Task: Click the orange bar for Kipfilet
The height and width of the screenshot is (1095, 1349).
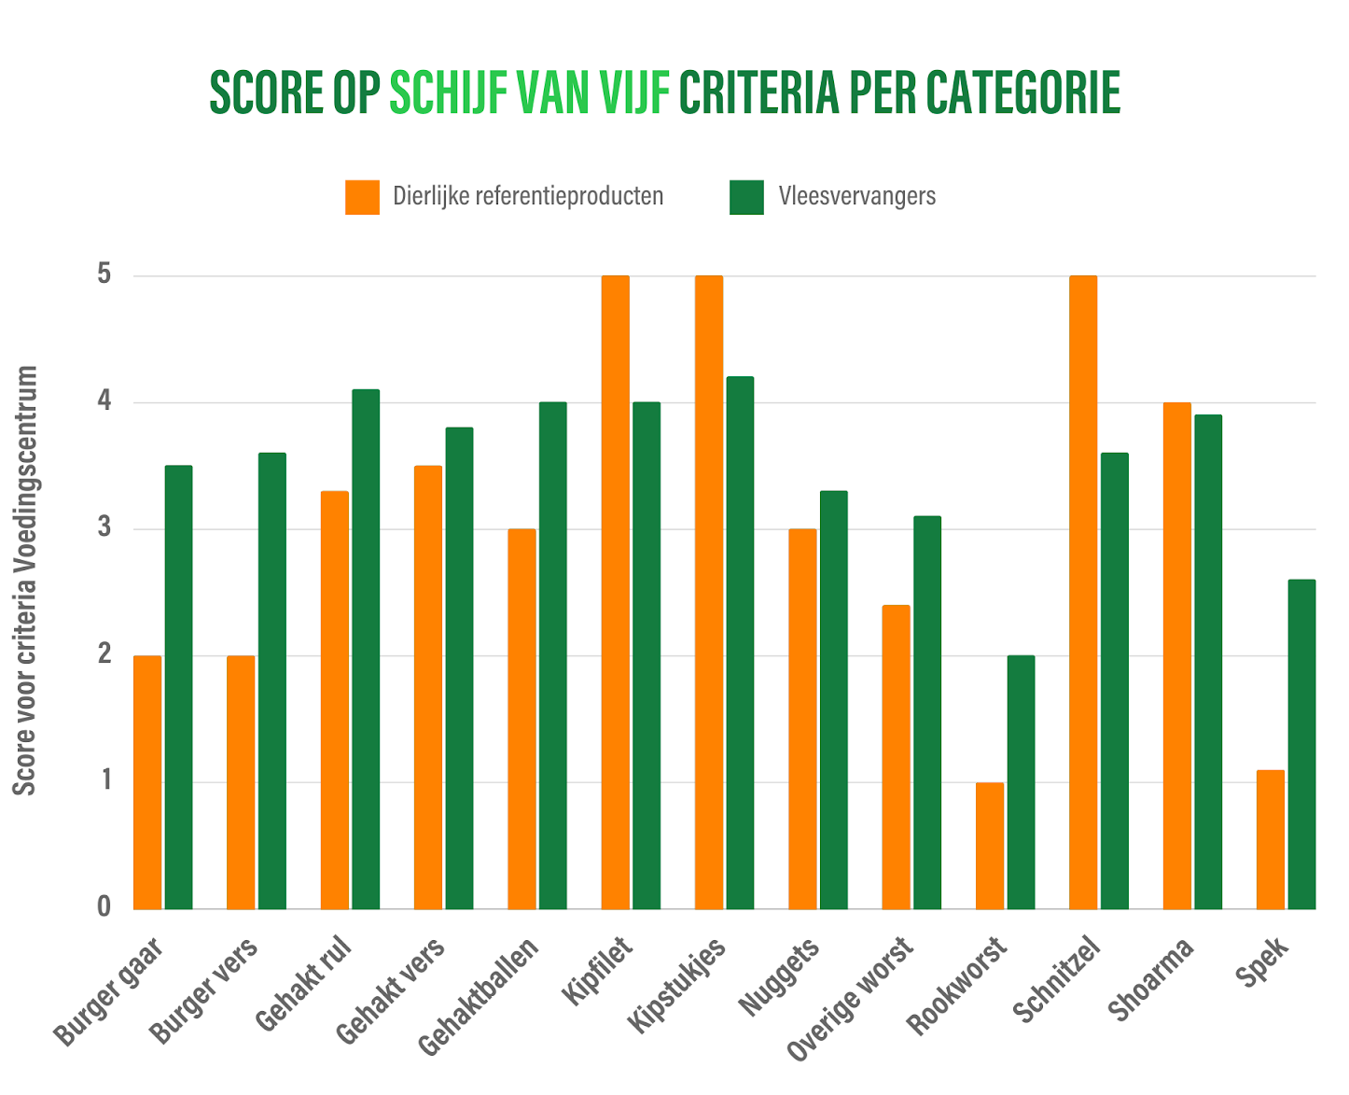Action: pyautogui.click(x=615, y=592)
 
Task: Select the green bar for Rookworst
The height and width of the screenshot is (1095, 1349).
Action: pyautogui.click(x=1021, y=782)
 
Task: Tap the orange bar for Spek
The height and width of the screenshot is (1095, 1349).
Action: pyautogui.click(x=1270, y=839)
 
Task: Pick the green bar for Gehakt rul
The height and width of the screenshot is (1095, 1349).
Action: pyautogui.click(x=366, y=649)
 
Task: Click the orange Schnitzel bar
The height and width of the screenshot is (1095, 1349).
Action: pyautogui.click(x=1083, y=592)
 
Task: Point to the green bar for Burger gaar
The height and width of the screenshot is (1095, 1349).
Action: pyautogui.click(x=178, y=687)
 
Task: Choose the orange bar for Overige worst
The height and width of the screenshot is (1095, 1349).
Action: pyautogui.click(x=896, y=757)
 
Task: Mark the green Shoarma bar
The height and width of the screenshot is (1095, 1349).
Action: pyautogui.click(x=1208, y=662)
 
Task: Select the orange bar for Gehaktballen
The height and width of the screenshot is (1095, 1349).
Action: pyautogui.click(x=522, y=719)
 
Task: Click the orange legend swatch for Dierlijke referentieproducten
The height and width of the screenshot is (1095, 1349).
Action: pyautogui.click(x=362, y=197)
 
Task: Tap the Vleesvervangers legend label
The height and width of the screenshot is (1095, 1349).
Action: pyautogui.click(x=856, y=196)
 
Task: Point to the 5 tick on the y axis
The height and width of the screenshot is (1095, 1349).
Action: pyautogui.click(x=104, y=275)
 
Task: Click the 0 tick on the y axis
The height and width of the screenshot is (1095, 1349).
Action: pyautogui.click(x=104, y=906)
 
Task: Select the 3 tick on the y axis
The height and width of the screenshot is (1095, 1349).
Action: pyautogui.click(x=104, y=528)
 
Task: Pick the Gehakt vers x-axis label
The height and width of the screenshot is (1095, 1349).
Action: pyautogui.click(x=391, y=991)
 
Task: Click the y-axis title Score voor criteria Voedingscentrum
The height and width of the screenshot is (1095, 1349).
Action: pyautogui.click(x=26, y=580)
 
